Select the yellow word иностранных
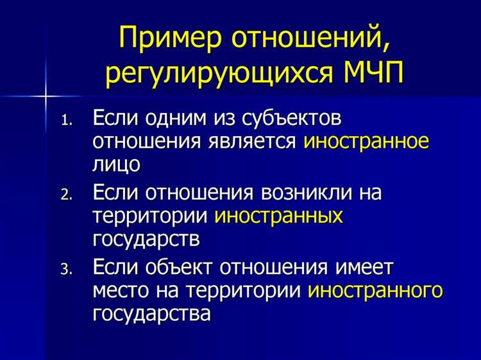279,216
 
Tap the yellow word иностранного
375,290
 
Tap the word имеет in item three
367,268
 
